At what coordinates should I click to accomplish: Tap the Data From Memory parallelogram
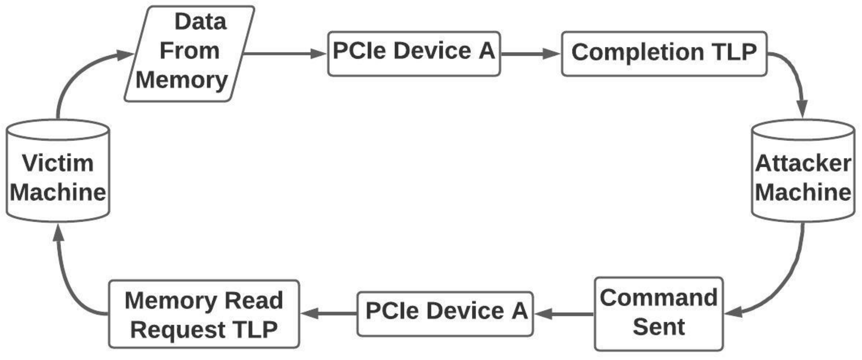(189, 53)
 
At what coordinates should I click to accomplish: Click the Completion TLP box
(664, 53)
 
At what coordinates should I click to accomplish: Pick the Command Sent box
(659, 313)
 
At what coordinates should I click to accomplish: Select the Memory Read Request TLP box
(204, 314)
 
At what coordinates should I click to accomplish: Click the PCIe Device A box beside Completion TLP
(414, 53)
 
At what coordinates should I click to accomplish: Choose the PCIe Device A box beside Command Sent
(445, 313)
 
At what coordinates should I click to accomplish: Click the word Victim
(58, 163)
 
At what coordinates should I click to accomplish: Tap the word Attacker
(803, 163)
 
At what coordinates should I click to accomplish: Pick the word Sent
(659, 327)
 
